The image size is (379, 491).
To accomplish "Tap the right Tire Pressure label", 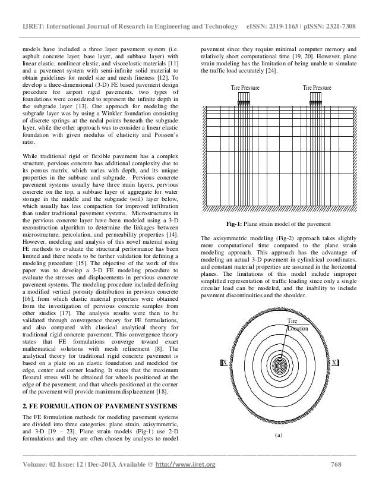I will [317, 87].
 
